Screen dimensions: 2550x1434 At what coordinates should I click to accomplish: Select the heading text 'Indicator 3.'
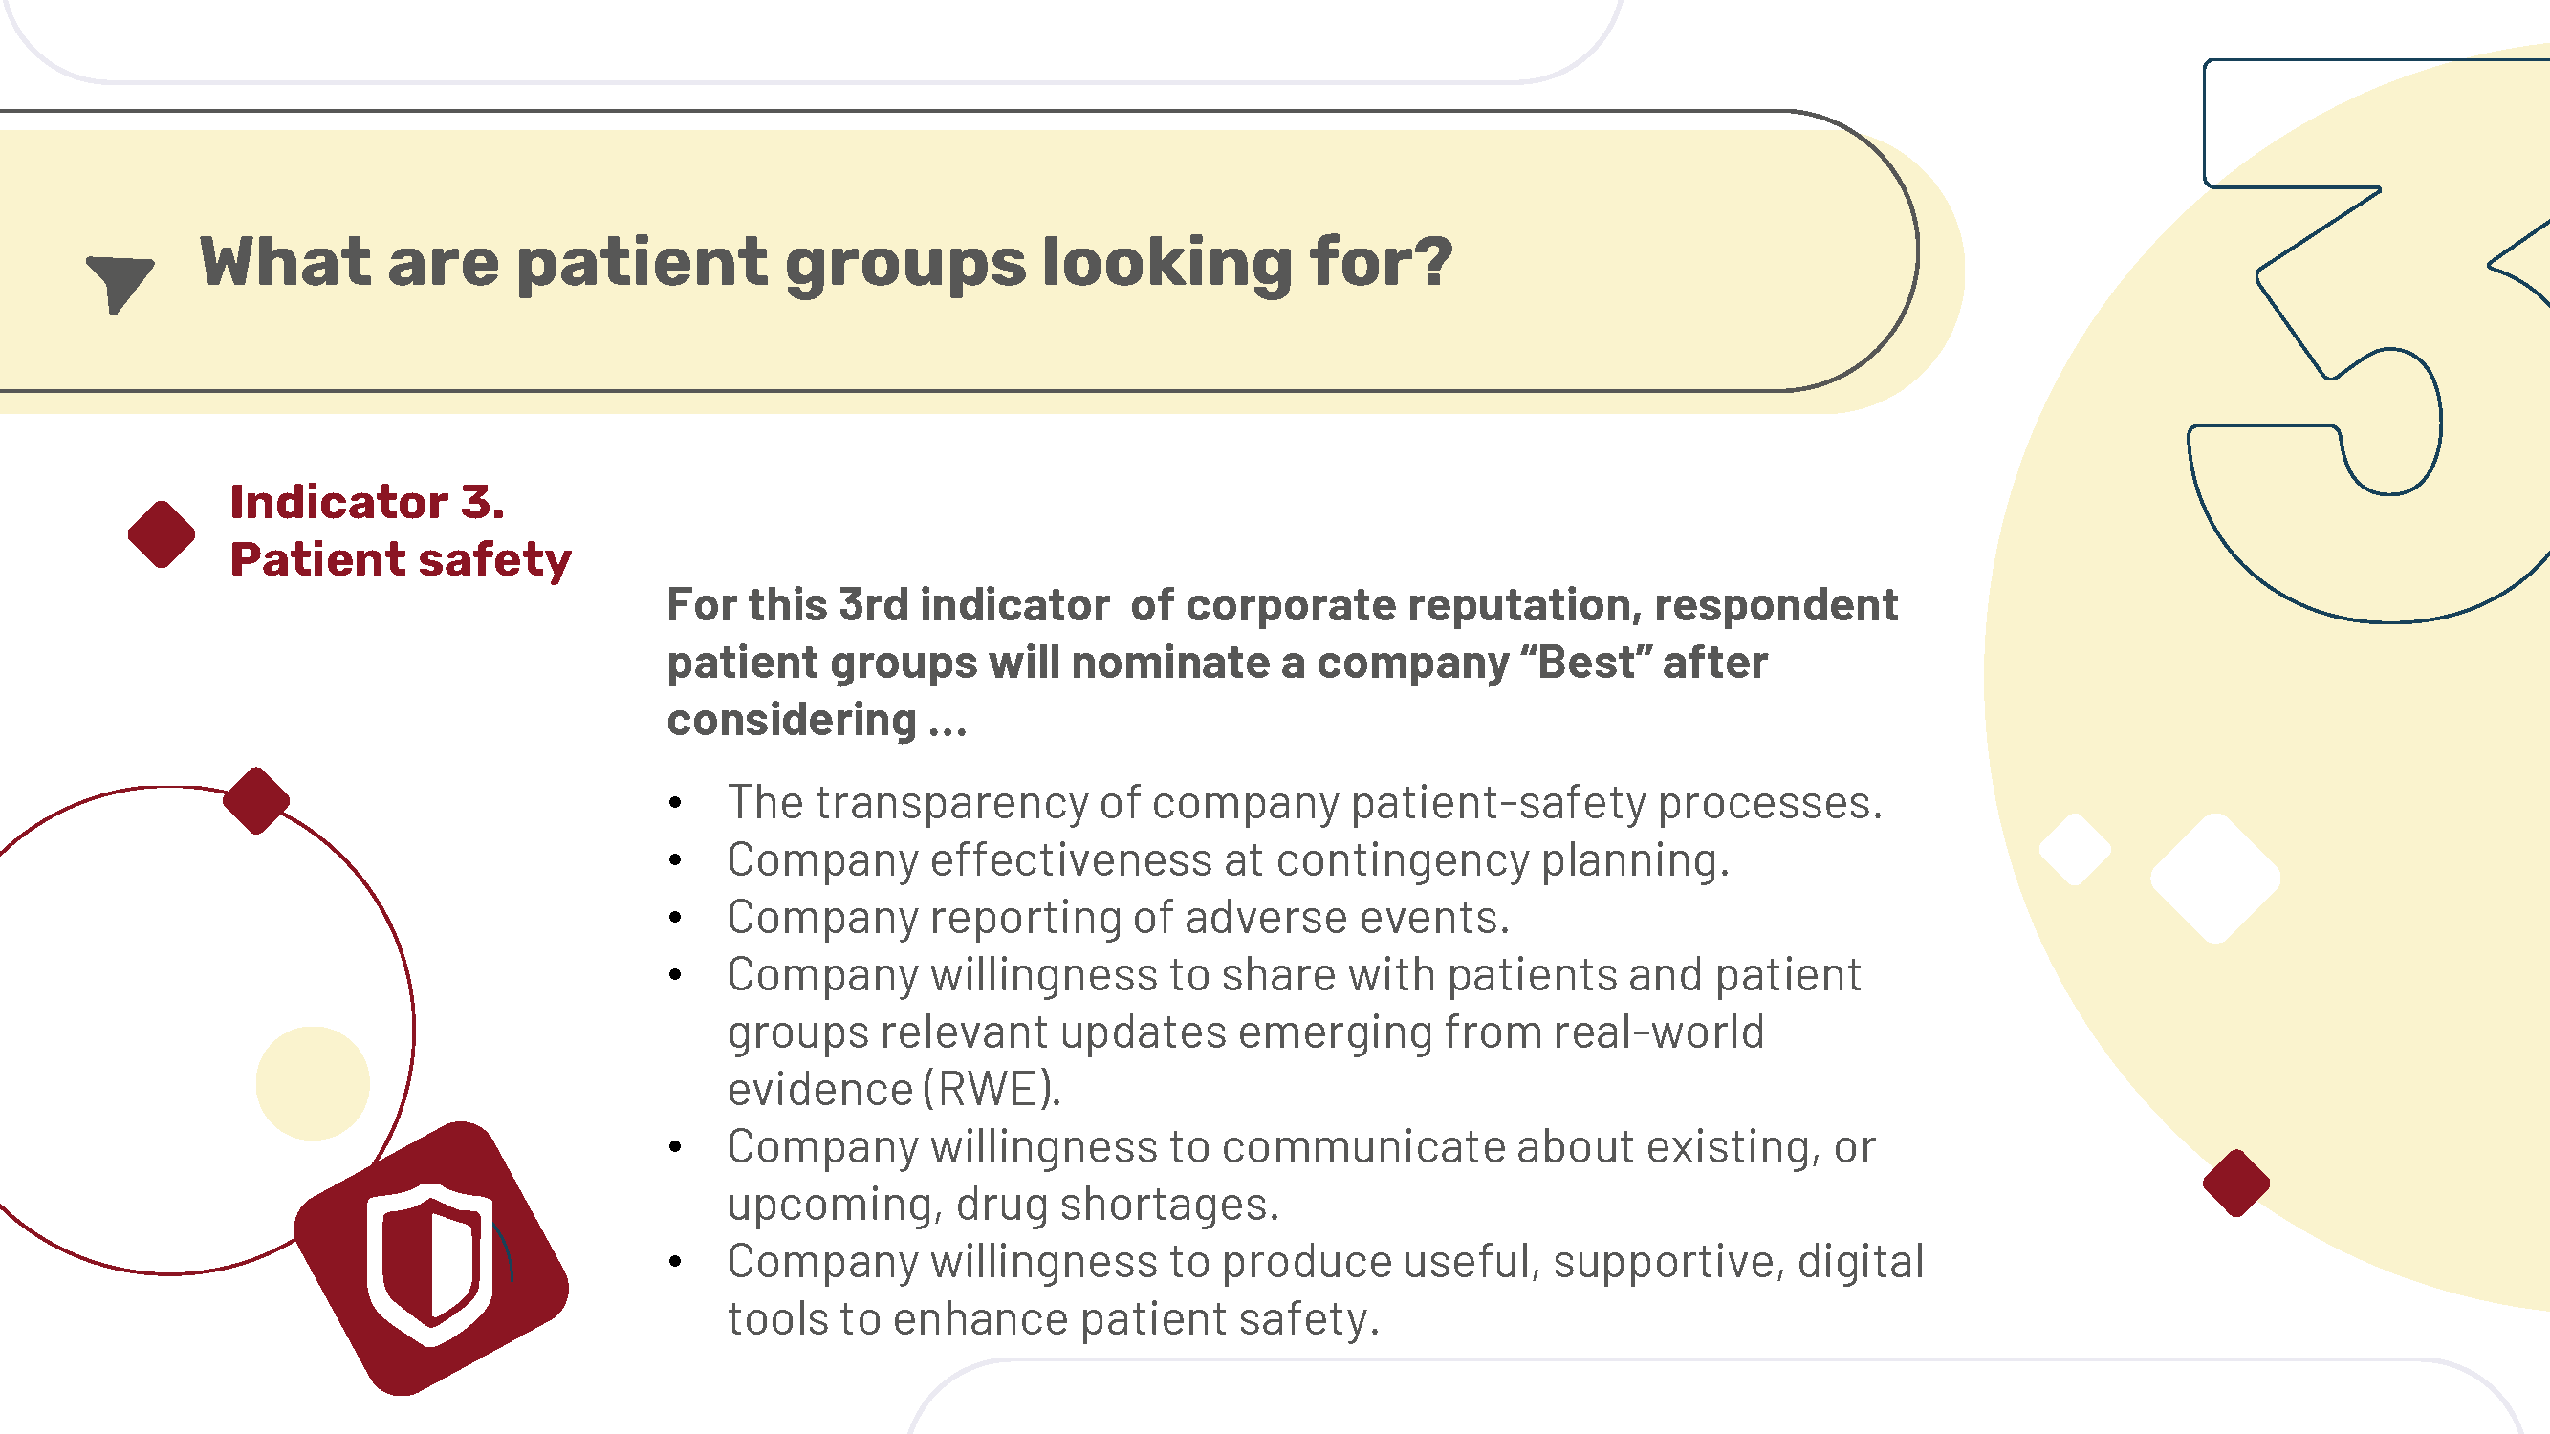click(x=367, y=502)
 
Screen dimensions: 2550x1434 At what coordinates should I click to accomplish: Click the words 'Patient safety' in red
click(x=401, y=560)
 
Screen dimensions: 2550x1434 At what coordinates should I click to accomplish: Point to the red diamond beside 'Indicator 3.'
click(x=162, y=534)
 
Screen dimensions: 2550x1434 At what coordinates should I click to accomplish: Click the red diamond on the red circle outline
click(x=256, y=800)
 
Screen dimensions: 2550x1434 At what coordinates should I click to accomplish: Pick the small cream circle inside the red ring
click(x=313, y=1084)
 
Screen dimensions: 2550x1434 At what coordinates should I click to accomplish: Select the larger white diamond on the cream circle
click(x=2216, y=878)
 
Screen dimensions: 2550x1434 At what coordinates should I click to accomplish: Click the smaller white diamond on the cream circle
click(x=2076, y=849)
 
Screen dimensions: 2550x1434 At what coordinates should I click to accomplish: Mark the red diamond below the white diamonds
click(x=2236, y=1183)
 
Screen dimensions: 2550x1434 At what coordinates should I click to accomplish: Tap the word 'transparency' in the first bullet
click(x=951, y=804)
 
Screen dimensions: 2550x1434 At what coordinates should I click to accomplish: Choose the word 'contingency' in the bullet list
click(x=1403, y=861)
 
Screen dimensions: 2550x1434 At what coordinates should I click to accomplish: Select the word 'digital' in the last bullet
click(x=1861, y=1262)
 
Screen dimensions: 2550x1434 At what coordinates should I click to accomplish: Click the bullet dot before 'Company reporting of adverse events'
click(x=675, y=919)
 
